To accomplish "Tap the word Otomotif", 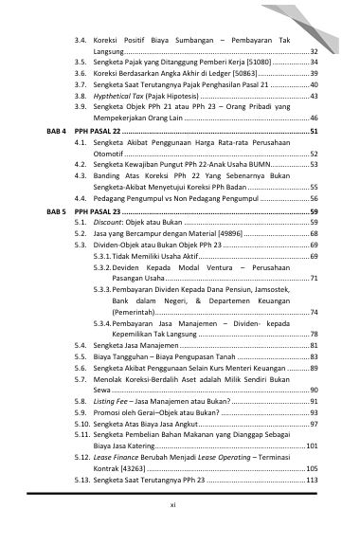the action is click(x=113, y=153).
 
